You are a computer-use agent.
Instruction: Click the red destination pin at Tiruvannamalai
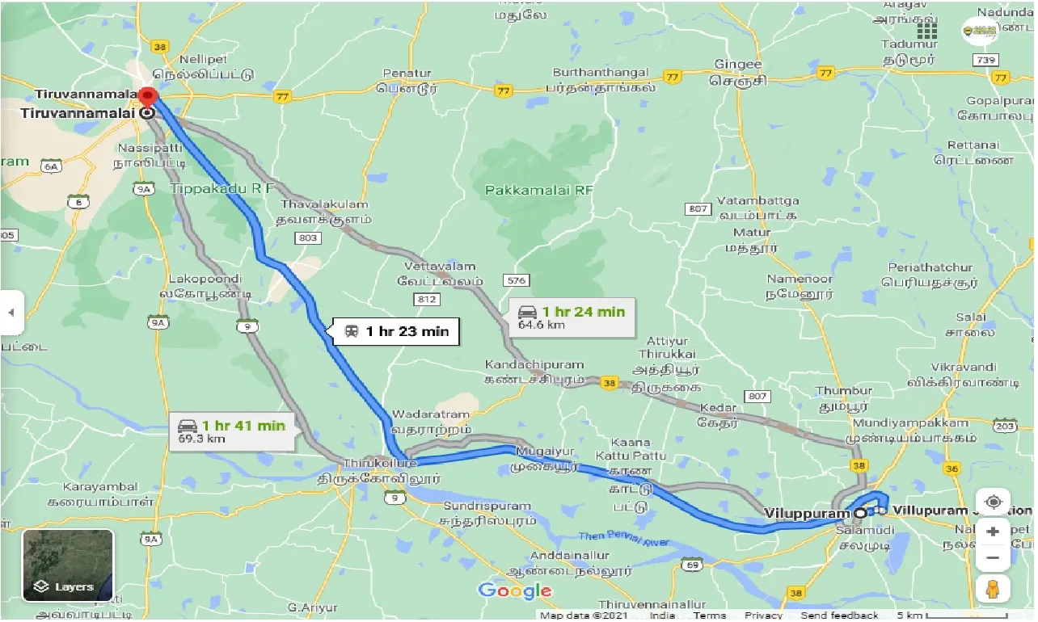(146, 95)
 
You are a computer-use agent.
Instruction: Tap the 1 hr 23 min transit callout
(396, 331)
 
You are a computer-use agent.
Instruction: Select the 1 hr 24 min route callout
(573, 317)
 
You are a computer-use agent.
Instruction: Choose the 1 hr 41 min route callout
(234, 431)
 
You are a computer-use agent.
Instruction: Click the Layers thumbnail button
(68, 565)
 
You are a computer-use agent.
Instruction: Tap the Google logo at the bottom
(514, 590)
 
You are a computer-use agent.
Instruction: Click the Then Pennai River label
(624, 539)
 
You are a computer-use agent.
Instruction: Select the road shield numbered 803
(308, 237)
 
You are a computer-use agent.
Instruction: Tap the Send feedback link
(844, 616)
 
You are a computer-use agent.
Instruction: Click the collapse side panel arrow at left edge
(11, 312)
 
